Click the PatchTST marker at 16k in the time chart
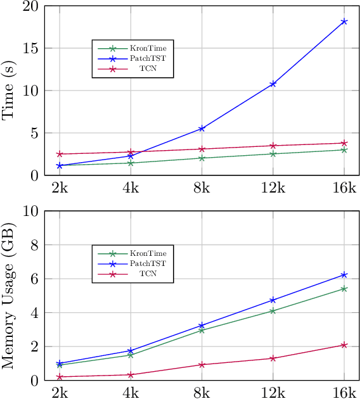coord(344,22)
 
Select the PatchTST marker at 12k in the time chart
coord(273,84)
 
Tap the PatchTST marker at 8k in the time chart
coord(202,129)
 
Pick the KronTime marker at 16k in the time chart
coord(344,149)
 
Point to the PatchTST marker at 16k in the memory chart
coord(344,275)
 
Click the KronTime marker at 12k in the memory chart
coord(273,311)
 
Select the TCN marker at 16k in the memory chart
coord(344,345)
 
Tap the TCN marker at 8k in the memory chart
coord(202,365)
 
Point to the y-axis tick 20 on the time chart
coord(31,6)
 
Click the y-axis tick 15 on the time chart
coord(31,48)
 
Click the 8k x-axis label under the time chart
coord(202,187)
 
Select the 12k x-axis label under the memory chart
coord(273,392)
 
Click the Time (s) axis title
coord(10,91)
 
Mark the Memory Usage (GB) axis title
coord(10,296)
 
